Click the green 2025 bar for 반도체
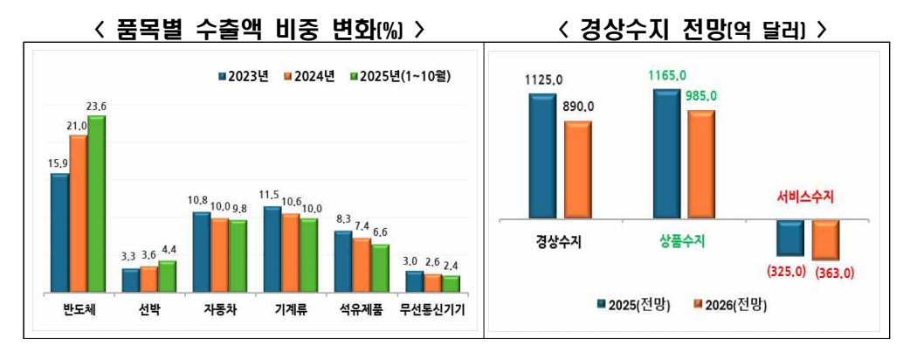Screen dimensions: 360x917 [95, 203]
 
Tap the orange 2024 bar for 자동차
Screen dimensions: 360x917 [219, 254]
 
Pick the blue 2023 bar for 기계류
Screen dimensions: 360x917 [272, 249]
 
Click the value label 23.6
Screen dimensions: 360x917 [95, 107]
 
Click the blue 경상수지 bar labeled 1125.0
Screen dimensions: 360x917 [541, 155]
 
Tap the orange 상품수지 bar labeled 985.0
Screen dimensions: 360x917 [700, 163]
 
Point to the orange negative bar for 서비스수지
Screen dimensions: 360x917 [825, 239]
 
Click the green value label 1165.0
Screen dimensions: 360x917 [667, 76]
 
